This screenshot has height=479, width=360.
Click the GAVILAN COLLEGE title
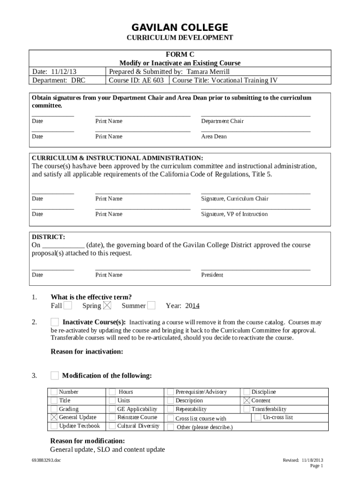pos(180,27)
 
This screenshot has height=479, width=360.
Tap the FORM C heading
pos(180,54)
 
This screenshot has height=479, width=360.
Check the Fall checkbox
pos(68,306)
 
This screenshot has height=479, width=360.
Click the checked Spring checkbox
pos(107,306)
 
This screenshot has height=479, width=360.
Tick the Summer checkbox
pos(151,306)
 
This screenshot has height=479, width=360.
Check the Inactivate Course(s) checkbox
pos(55,322)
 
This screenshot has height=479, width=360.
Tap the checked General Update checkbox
pos(54,417)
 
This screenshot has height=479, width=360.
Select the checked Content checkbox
pos(247,400)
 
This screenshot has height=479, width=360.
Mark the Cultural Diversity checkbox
pos(112,426)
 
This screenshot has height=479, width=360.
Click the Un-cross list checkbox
pos(258,417)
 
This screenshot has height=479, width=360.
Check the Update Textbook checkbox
pos(54,426)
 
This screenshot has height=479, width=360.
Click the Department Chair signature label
pos(222,121)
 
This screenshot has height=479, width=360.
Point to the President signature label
pos(212,275)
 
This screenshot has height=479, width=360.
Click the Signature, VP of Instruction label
pos(234,214)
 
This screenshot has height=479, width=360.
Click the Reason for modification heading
pos(87,441)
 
